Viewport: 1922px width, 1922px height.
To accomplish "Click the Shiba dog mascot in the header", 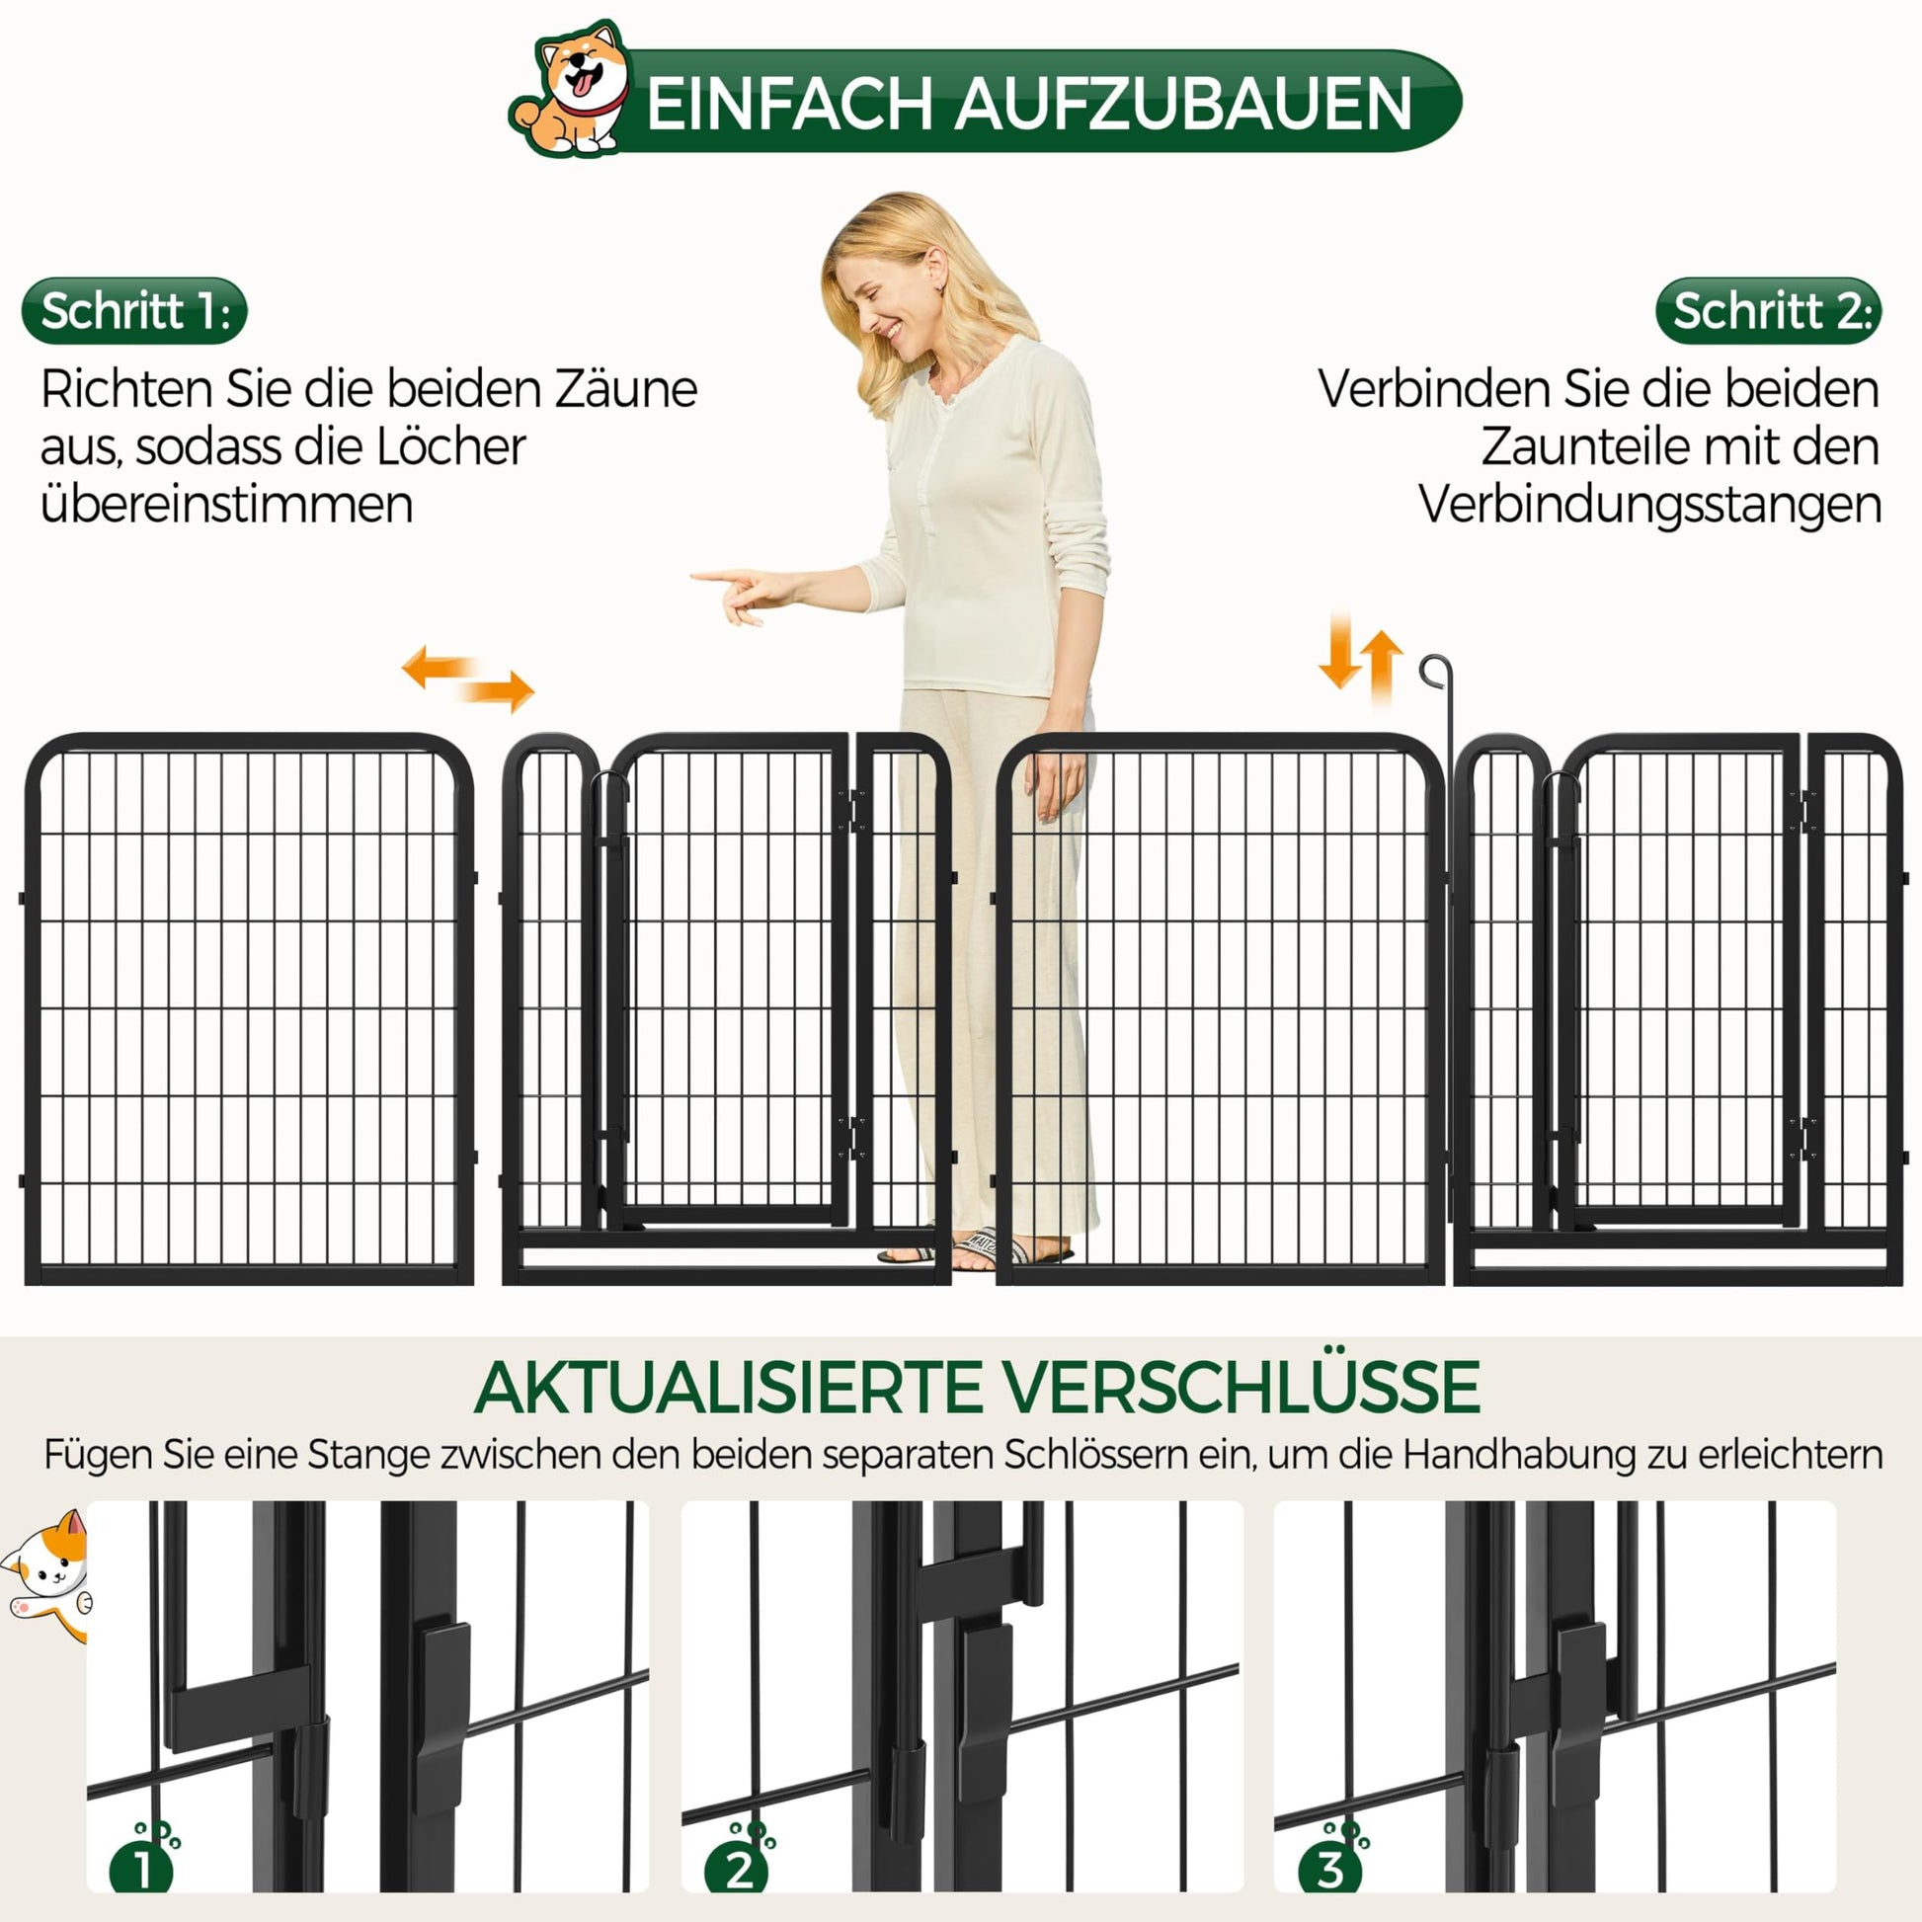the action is click(x=571, y=90).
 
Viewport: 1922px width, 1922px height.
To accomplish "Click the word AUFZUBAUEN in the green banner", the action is click(x=1184, y=103).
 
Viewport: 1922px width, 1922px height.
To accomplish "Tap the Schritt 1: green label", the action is click(x=134, y=311).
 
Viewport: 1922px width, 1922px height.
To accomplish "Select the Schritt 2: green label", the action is click(x=1768, y=311).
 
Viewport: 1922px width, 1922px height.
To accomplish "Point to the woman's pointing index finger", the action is click(x=721, y=576).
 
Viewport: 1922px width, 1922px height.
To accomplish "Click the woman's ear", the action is click(x=935, y=268).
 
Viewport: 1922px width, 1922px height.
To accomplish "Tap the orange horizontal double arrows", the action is click(x=467, y=678).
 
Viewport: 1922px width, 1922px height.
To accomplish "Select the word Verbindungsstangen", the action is click(x=1649, y=506).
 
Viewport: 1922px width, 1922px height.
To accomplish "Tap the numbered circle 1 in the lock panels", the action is click(x=142, y=1868).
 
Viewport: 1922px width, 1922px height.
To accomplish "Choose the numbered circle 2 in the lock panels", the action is click(x=737, y=1868).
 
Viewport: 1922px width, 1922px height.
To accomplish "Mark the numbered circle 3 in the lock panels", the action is click(x=1330, y=1868).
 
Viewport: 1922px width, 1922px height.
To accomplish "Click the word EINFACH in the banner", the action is click(x=791, y=103).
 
